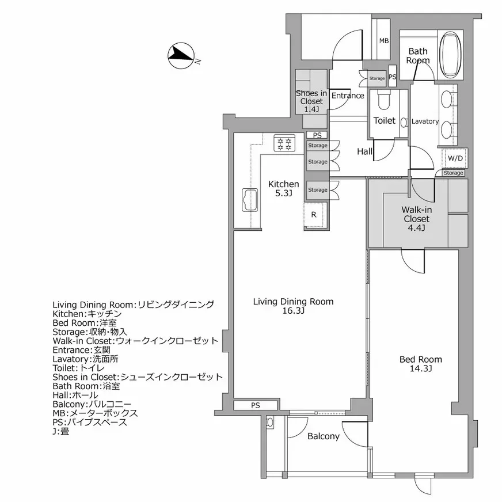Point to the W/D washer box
(455, 157)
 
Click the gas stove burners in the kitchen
(284, 143)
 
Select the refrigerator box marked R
(314, 215)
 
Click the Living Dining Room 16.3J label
(294, 306)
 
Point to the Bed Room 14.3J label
(421, 364)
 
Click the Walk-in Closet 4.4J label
(416, 219)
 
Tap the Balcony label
(323, 436)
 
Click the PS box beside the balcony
(256, 405)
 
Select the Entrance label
(348, 96)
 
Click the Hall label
(364, 152)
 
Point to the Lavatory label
(425, 121)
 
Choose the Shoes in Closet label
(311, 101)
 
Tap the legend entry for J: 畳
(60, 431)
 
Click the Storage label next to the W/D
(453, 173)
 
